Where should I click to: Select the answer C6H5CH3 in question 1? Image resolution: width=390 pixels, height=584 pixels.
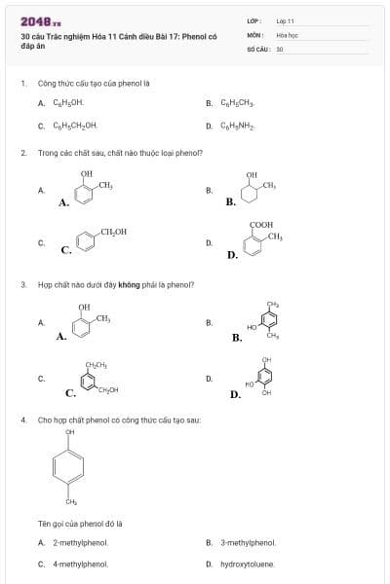[237, 101]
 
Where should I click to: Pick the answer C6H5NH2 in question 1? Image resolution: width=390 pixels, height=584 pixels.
[237, 125]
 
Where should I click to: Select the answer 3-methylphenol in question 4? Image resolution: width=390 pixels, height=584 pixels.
[248, 542]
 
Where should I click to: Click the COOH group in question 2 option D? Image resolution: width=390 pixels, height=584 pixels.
[261, 224]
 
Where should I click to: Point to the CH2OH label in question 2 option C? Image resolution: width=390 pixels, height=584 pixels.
[113, 231]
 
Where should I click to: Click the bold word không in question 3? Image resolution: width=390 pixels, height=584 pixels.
[130, 285]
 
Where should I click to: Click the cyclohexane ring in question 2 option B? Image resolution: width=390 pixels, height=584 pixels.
[253, 193]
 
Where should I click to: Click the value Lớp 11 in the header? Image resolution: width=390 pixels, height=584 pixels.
[285, 20]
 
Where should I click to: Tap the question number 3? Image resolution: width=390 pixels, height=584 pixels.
[22, 285]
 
